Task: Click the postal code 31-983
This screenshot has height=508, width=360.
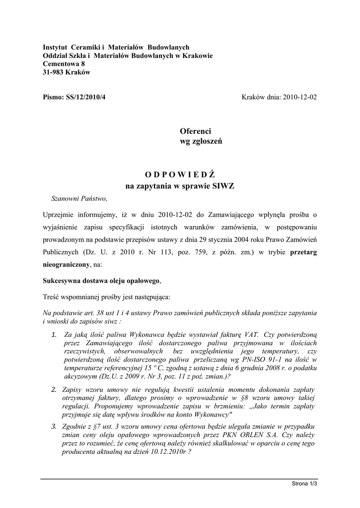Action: pyautogui.click(x=53, y=72)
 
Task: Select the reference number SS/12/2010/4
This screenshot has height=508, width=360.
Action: pyautogui.click(x=85, y=98)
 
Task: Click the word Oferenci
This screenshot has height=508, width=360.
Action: pyautogui.click(x=195, y=131)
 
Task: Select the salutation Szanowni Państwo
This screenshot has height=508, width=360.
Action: pyautogui.click(x=79, y=199)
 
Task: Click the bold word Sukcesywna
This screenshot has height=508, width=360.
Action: pyautogui.click(x=64, y=281)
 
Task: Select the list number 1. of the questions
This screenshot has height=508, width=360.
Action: pyautogui.click(x=54, y=335)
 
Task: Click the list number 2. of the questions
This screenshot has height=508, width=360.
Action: pyautogui.click(x=54, y=390)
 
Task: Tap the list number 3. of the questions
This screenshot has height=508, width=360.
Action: pyautogui.click(x=54, y=427)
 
